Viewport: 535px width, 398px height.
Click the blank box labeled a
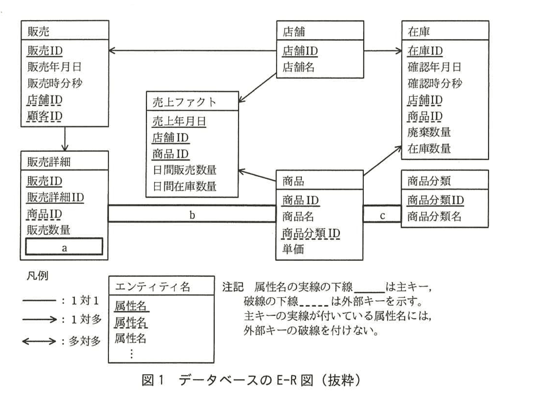pos(64,247)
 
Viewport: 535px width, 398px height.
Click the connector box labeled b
pos(192,214)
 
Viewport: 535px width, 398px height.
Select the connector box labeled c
pos(382,215)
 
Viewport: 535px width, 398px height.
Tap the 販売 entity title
pos(38,31)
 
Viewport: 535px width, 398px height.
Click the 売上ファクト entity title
pos(184,102)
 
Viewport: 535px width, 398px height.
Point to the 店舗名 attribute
pos(298,67)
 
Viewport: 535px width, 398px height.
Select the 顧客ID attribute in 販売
pos(44,116)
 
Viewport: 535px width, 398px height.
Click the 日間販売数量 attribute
pos(184,170)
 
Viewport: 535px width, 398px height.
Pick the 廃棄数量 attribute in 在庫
pos(429,132)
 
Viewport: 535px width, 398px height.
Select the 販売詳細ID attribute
pos(55,197)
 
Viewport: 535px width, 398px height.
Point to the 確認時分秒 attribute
pos(434,83)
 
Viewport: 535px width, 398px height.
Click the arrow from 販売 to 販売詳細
pos(65,139)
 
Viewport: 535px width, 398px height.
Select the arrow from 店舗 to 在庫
pos(383,51)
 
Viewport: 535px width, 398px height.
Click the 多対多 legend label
pos(85,341)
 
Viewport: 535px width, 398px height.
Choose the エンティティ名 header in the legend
pos(152,286)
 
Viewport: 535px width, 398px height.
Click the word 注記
pos(233,287)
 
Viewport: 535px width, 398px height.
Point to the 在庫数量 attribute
pos(429,148)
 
